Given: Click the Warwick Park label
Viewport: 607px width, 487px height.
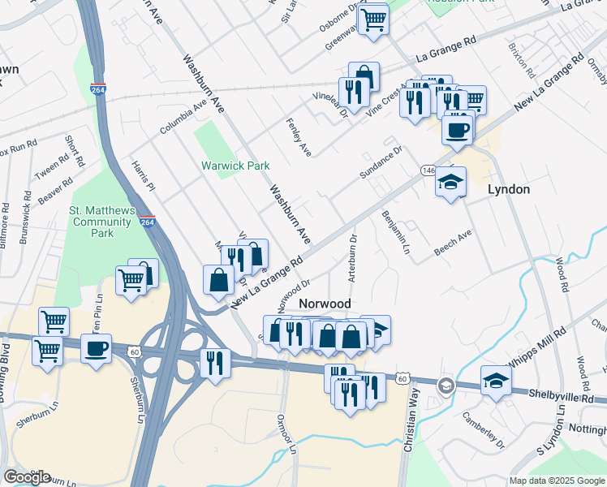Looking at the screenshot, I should coord(235,166).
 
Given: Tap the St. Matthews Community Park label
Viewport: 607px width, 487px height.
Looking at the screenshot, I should coord(101,222).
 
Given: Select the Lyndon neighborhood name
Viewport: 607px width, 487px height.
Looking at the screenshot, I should coord(508,189).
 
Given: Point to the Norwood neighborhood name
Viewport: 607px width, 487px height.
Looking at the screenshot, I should coord(325,304).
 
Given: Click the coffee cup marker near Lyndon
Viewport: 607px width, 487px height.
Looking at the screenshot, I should coord(456,129).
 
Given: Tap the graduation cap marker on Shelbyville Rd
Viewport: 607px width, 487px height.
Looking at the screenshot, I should coord(496,380).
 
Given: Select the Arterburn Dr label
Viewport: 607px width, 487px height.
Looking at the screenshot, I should coord(353,258).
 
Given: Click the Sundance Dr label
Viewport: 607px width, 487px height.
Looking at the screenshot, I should coord(381,163).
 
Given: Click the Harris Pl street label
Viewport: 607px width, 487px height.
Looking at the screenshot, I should coord(143,175).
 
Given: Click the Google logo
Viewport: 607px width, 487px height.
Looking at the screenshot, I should coord(27,477).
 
